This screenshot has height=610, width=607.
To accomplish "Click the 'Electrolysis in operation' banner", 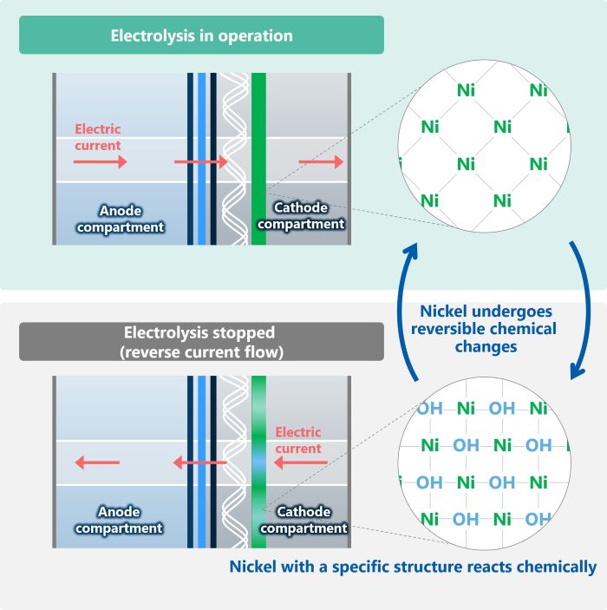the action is pos(201,35).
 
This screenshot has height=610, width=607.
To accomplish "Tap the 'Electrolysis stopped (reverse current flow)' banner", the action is pos(201,342).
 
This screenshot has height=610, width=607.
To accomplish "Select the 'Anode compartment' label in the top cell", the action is pos(121,219).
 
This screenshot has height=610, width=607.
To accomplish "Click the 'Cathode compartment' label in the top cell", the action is pos(301,215).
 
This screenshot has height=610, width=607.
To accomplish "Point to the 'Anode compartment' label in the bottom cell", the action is pos(119,520).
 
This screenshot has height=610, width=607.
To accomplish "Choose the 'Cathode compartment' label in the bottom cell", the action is pos(303,520).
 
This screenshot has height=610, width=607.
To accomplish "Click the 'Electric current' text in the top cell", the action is pos(98,137).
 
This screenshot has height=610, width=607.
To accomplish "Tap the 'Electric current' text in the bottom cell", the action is pos(298,440).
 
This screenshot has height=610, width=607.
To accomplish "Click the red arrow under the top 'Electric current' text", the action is pos(101,161).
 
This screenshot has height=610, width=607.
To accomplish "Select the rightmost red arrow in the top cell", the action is pos(321,161).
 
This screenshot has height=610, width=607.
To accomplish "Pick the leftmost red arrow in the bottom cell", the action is pos(97,462).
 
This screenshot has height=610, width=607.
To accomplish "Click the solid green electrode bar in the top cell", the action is pos(259,159).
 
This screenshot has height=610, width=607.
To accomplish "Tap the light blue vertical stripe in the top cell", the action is pos(202,159).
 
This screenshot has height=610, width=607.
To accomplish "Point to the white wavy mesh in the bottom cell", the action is pos(235,462).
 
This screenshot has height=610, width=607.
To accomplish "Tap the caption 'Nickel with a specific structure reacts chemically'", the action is pos(413,567).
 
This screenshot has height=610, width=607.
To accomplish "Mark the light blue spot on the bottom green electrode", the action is pos(259,462).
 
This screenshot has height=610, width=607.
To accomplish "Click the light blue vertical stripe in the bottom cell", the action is pos(202,462).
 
